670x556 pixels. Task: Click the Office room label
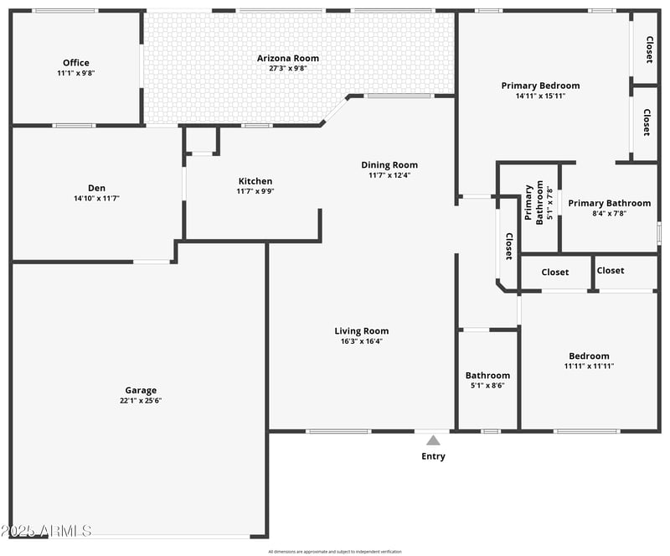tap(75, 63)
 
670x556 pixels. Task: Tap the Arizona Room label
tap(287, 58)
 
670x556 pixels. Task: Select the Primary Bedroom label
tap(540, 86)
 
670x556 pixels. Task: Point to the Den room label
tap(95, 189)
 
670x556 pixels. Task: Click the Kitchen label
tap(255, 181)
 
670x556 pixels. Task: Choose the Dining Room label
tap(389, 165)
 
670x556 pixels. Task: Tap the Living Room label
tap(362, 331)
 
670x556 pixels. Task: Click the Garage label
tap(141, 390)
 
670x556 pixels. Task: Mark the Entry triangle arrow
tap(433, 440)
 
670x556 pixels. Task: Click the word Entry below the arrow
tap(433, 457)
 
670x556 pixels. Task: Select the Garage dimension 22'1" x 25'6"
tap(141, 401)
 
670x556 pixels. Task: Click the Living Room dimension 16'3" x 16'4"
tap(362, 341)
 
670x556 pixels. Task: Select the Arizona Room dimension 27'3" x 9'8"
tap(287, 68)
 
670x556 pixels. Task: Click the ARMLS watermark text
tap(46, 531)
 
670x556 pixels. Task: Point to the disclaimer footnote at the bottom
tap(335, 551)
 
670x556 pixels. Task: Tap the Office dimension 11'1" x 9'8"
tap(75, 73)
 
